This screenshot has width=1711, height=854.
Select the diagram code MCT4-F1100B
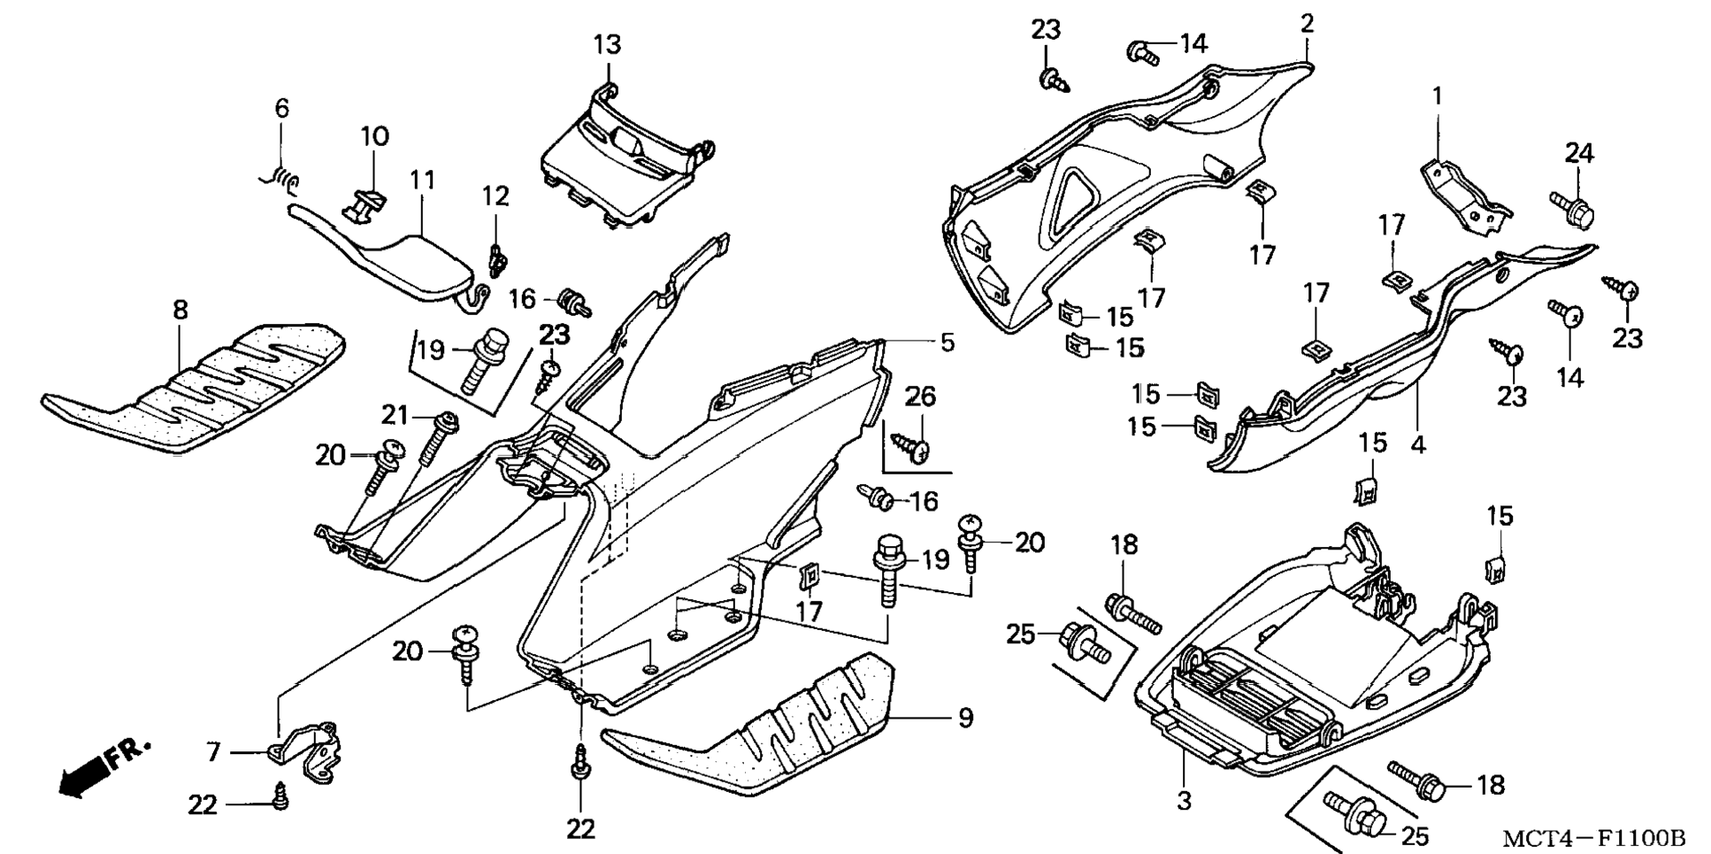[1592, 837]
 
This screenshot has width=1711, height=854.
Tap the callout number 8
[180, 310]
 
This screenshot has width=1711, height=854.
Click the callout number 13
[607, 43]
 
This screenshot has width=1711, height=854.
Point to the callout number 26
[920, 396]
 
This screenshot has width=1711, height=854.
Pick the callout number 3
[1184, 801]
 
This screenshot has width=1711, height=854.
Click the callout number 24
[1579, 153]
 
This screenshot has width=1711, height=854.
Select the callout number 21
[395, 413]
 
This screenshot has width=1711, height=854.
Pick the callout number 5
[948, 342]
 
